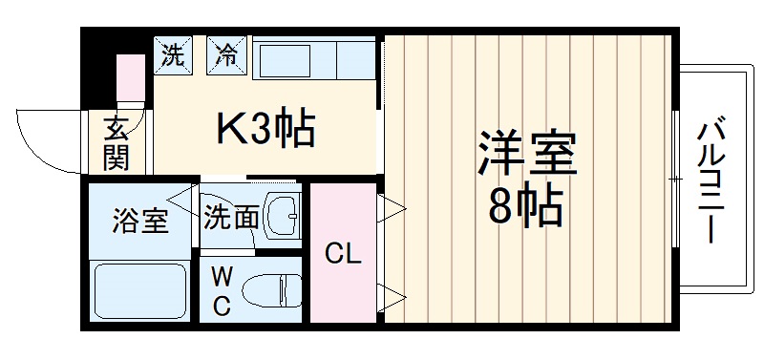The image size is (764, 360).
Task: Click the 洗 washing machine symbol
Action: [173, 55]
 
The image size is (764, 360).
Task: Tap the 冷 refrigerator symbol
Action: [227, 55]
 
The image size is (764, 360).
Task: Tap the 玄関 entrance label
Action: [116, 141]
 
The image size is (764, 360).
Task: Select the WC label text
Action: [221, 292]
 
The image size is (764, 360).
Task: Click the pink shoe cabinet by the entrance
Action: [129, 76]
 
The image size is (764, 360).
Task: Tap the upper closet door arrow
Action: [391, 209]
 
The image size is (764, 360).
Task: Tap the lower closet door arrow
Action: [391, 297]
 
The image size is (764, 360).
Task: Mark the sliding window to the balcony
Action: [675, 180]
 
